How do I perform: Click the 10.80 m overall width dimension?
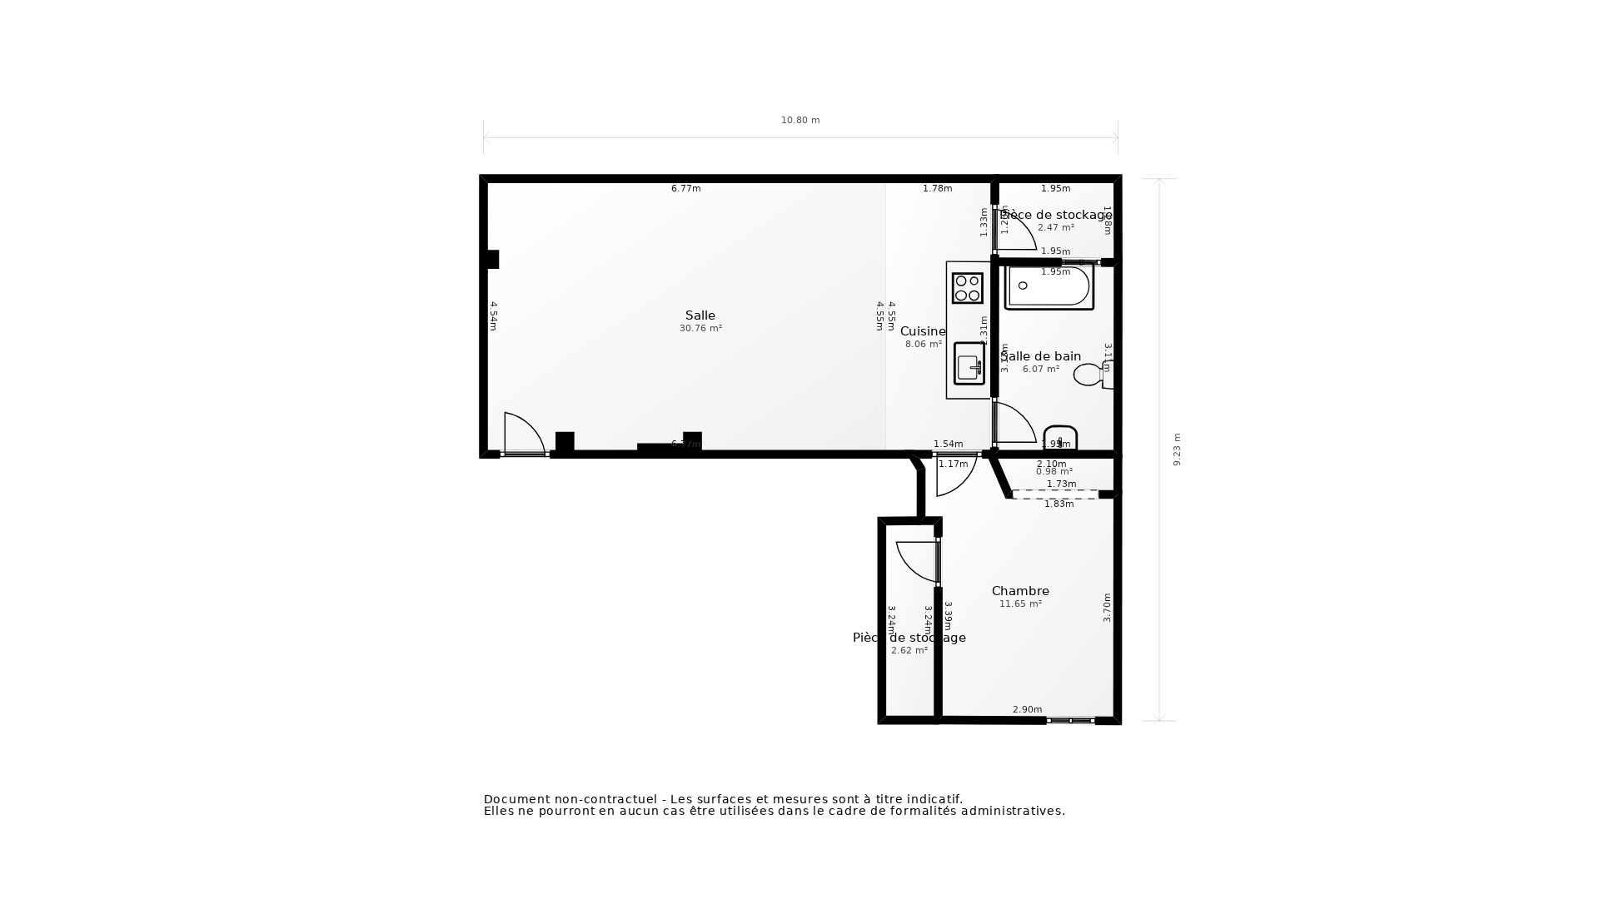coord(800,121)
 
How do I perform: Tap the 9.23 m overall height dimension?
coord(1177,449)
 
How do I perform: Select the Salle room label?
coord(700,315)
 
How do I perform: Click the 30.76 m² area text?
coord(700,329)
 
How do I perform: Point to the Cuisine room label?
coord(923,331)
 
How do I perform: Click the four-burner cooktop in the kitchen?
coord(968,288)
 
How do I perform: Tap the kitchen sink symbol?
coord(969,365)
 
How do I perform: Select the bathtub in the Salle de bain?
coord(1049,287)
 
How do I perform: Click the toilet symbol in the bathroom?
coord(1091,375)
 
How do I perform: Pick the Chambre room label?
coord(1020,591)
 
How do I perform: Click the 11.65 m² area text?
coord(1020,604)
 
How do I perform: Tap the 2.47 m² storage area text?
coord(1055,227)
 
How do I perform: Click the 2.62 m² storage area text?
coord(909,651)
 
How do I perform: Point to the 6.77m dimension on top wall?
coord(685,189)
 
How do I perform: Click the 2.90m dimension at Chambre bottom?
coord(1027,710)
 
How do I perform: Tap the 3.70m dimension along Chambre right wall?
coord(1107,608)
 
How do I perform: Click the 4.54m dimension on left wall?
coord(493,316)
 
